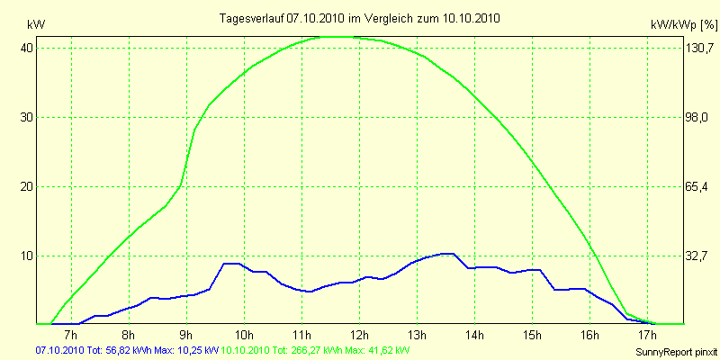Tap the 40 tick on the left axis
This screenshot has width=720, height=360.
(27, 49)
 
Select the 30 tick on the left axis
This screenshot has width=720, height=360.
(27, 118)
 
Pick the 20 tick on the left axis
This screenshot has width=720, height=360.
(27, 187)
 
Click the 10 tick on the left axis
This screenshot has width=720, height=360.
(27, 256)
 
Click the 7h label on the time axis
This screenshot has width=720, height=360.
(71, 336)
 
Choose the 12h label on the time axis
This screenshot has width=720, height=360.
(359, 336)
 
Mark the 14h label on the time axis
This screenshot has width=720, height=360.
(474, 336)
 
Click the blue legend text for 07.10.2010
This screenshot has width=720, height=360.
(126, 349)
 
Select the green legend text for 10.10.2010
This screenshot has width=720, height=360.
(315, 349)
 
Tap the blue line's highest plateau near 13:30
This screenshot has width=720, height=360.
(446, 254)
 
